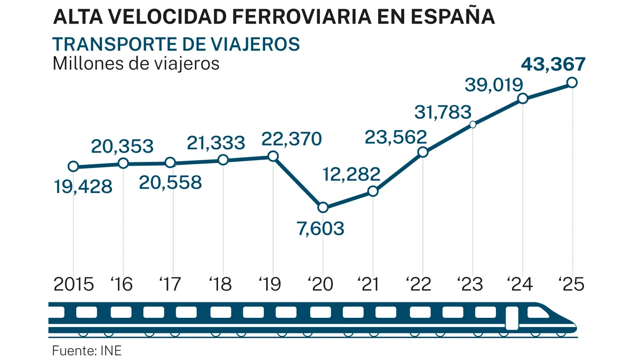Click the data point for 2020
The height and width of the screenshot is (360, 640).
(x=323, y=207)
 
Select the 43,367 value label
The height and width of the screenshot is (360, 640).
(x=553, y=65)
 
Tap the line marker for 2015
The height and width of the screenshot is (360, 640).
(x=74, y=166)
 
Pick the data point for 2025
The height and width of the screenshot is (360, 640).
(x=572, y=82)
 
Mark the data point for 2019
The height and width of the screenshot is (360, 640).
(x=273, y=156)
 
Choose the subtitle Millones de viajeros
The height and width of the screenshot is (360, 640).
(x=136, y=63)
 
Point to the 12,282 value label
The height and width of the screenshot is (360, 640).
(x=351, y=174)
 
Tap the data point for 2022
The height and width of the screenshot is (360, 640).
(x=423, y=152)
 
